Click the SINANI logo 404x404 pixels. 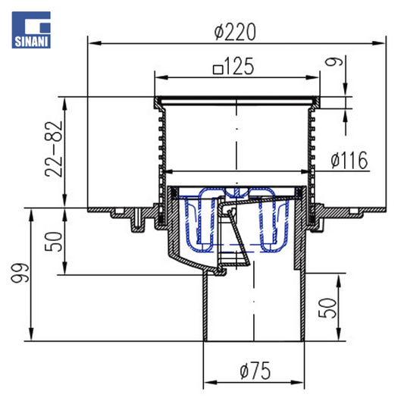[31, 30]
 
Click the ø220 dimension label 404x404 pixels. [235, 32]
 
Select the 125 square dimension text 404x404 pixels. [233, 67]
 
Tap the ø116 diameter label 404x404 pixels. [349, 160]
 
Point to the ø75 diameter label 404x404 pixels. [255, 371]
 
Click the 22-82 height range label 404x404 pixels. [54, 149]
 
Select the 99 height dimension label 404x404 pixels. [20, 273]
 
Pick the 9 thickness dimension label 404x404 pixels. [334, 62]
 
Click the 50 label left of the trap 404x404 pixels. [54, 242]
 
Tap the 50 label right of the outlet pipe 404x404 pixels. [327, 308]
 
